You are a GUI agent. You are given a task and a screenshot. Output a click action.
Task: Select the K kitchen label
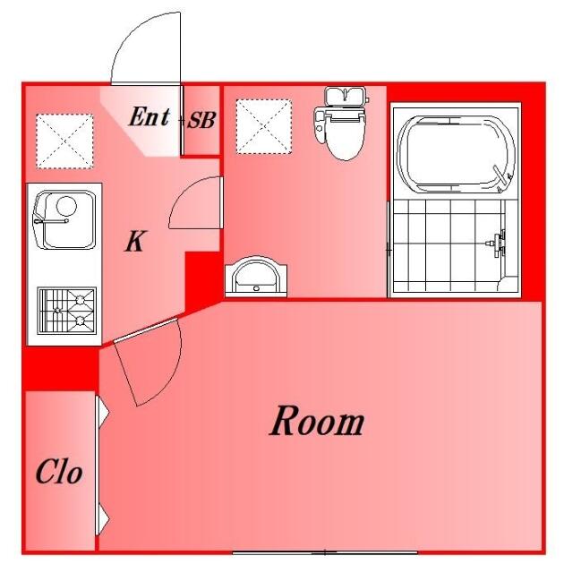135,241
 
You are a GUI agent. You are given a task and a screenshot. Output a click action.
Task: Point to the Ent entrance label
150,116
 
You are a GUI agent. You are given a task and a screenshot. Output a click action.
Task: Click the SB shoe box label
201,120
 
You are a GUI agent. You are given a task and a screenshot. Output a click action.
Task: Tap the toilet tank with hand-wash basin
346,97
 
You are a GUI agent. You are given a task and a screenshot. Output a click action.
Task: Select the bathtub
456,153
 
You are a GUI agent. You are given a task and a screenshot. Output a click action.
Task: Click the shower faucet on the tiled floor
498,243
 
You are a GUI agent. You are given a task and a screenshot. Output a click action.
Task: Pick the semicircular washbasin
256,277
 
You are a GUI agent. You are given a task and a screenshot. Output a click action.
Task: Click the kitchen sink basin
64,219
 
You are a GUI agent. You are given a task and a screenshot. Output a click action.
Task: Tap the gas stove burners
67,311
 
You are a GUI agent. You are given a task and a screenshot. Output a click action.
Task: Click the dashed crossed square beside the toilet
264,126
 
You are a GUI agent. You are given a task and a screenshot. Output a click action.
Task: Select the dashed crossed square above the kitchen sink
64,141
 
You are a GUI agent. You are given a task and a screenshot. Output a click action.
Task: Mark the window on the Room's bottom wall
325,552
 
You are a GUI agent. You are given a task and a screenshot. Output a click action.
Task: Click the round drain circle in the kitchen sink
66,206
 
